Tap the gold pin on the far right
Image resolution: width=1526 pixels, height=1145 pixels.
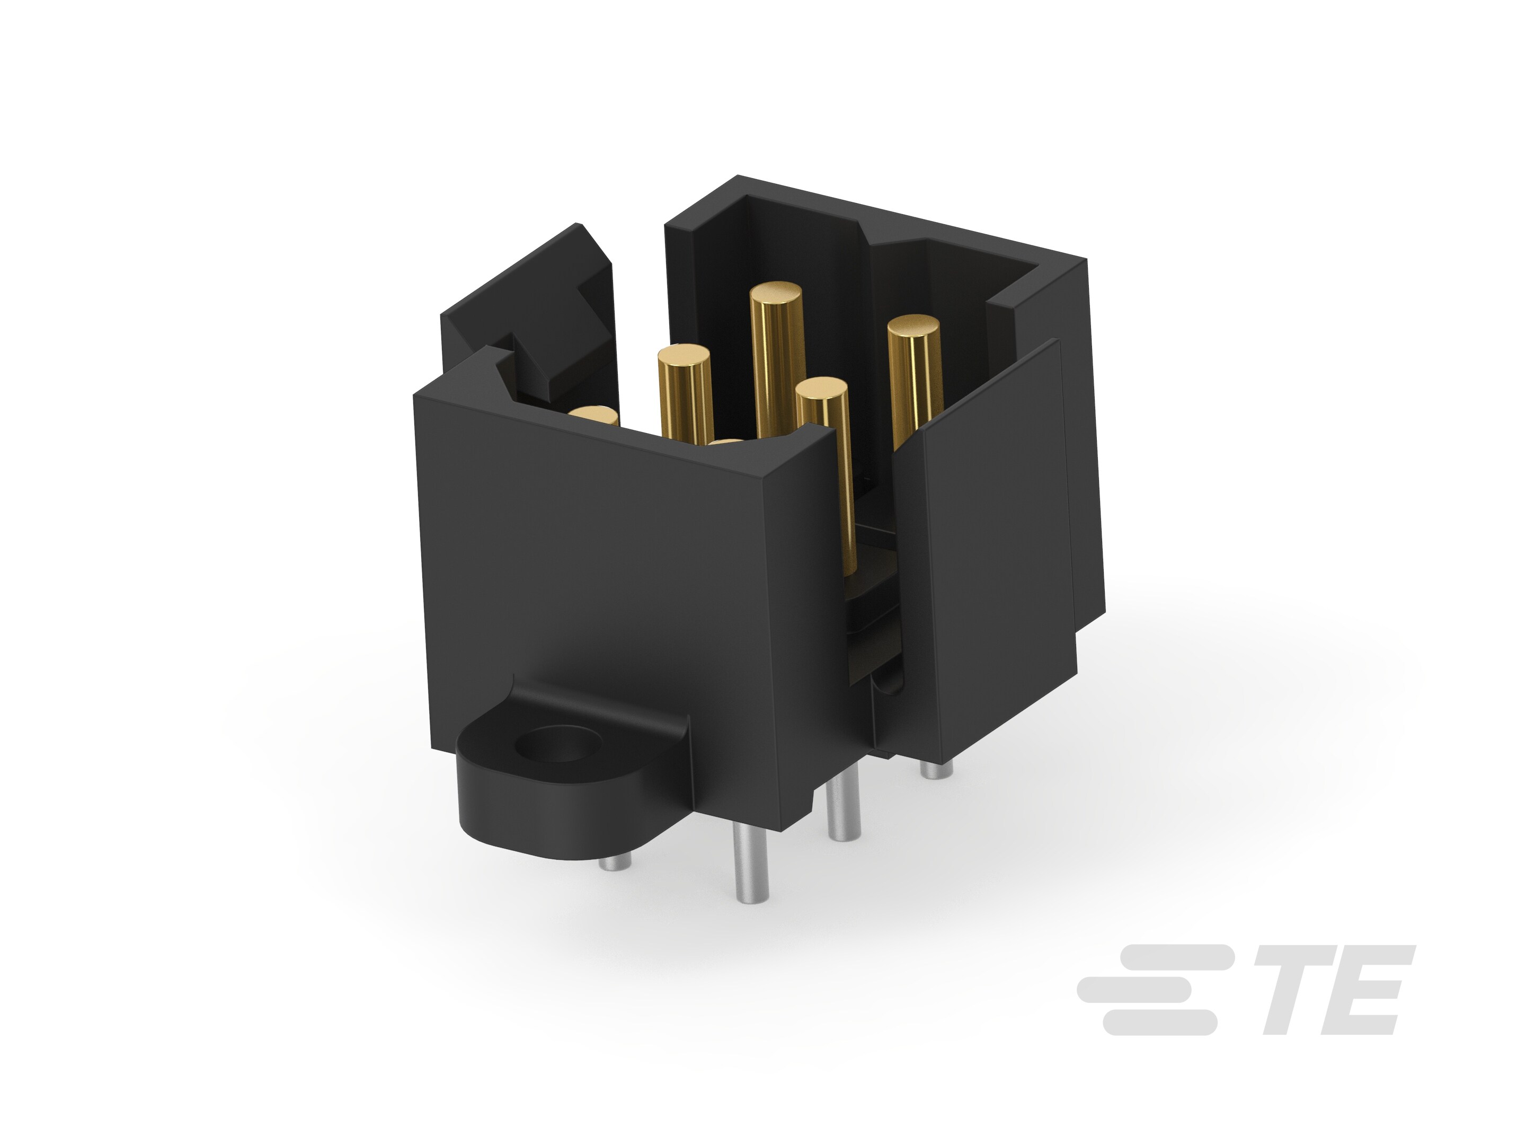point(914,380)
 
